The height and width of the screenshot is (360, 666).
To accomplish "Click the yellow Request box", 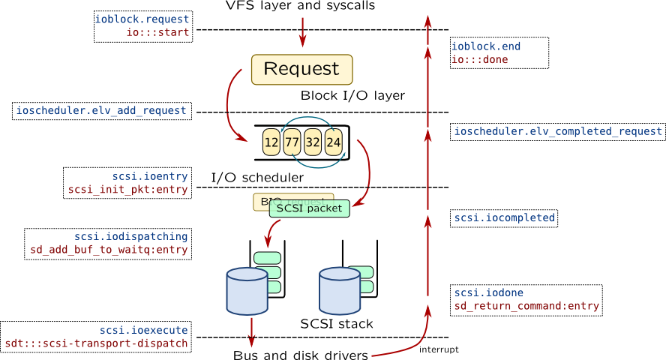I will [x=301, y=69].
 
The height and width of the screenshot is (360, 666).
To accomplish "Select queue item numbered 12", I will [x=271, y=142].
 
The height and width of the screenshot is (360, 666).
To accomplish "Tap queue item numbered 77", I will [x=292, y=142].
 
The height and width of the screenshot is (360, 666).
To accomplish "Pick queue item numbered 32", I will [x=313, y=142].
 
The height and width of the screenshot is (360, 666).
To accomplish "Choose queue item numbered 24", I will [x=334, y=142].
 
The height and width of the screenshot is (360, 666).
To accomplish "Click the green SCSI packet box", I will [x=309, y=208].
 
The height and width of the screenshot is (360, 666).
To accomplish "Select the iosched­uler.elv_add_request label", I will [x=101, y=111].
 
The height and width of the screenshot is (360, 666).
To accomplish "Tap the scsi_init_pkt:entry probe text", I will [x=128, y=190].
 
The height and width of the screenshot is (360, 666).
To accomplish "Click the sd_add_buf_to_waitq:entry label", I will [x=108, y=249].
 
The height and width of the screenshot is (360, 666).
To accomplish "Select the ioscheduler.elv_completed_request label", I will [x=558, y=132].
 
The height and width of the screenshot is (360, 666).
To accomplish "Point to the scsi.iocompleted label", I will [x=504, y=218].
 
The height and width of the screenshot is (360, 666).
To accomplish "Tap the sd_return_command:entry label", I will [x=526, y=306].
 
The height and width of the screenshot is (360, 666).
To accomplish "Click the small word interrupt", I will [x=439, y=349].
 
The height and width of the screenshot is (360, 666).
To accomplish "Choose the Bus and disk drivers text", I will [x=301, y=355].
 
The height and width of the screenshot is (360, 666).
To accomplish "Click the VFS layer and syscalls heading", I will [x=300, y=7].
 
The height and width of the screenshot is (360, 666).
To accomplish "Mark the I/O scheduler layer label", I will [x=256, y=178].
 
